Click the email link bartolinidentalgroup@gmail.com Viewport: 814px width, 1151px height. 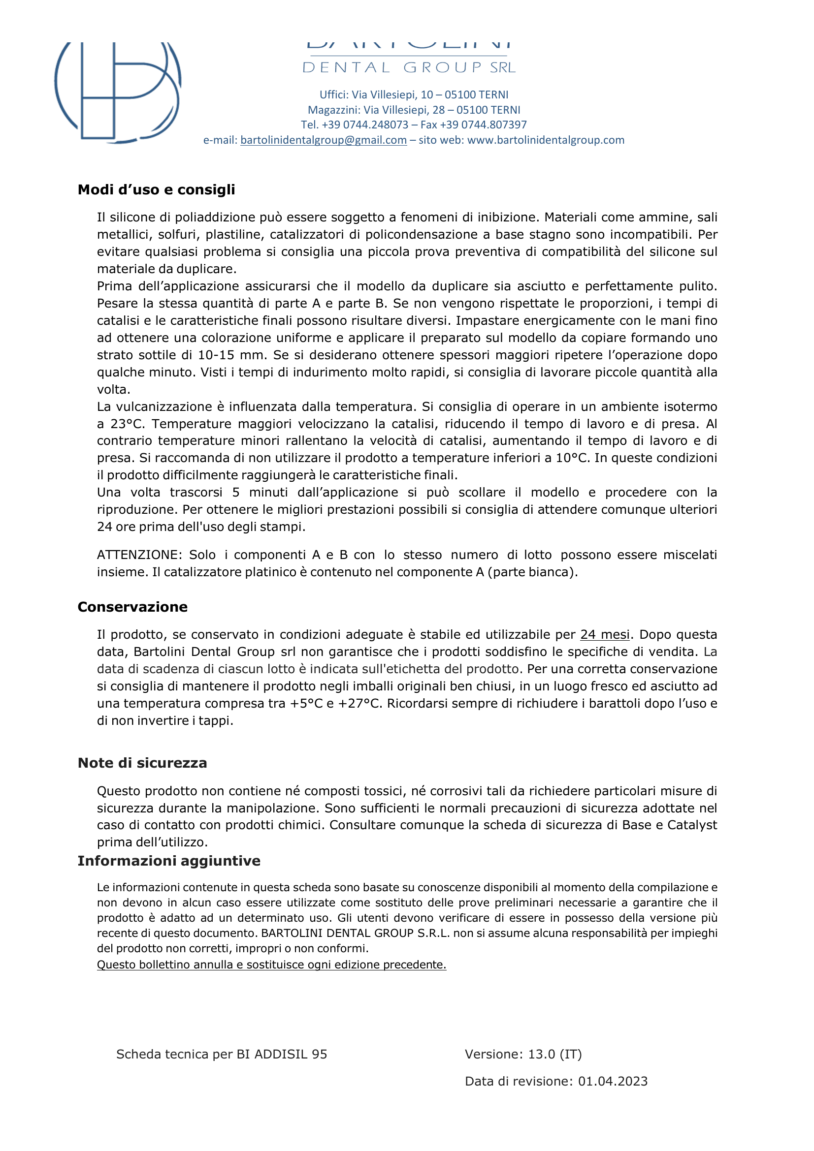(x=323, y=140)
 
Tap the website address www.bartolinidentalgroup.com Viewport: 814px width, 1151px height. (x=546, y=140)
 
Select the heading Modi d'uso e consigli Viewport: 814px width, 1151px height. (x=156, y=189)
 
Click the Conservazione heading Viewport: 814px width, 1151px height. (x=132, y=607)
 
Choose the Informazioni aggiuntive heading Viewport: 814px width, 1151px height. (x=168, y=861)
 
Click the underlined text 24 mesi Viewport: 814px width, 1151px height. (x=604, y=635)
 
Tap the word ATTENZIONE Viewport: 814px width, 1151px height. (x=139, y=555)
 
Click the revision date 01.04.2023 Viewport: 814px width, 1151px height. (x=613, y=1081)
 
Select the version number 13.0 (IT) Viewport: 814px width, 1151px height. (x=554, y=1054)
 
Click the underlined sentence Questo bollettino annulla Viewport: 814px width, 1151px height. (x=271, y=964)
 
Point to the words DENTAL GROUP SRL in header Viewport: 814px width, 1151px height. (x=409, y=68)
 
